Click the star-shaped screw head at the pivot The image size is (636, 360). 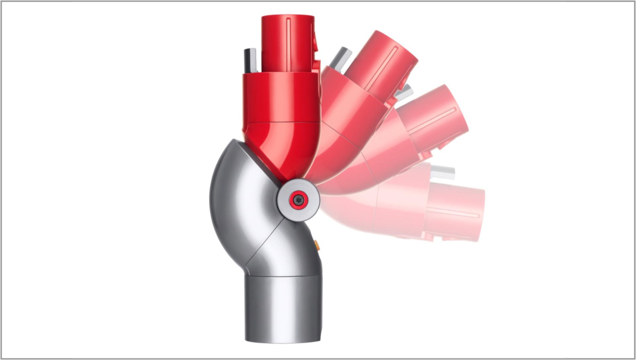(298, 200)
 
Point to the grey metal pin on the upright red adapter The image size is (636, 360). (250, 60)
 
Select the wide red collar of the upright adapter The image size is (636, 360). (282, 98)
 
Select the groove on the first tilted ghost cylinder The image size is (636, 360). (381, 70)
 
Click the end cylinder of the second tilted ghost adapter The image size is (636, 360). (434, 116)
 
